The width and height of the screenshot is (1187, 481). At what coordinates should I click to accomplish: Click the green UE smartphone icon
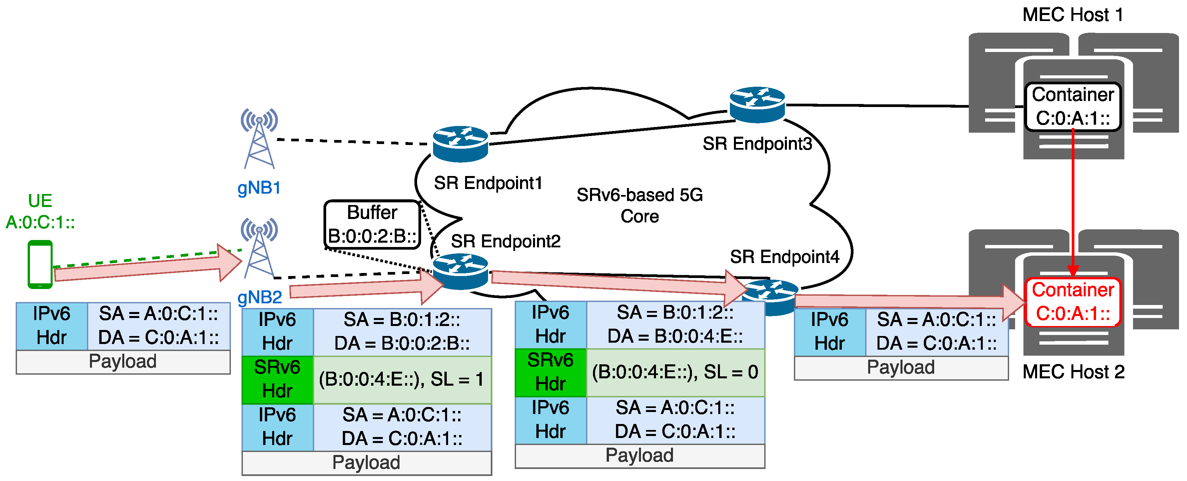40,264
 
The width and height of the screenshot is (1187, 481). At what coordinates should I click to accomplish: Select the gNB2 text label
260,297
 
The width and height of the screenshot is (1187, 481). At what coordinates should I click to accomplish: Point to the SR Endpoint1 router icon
460,144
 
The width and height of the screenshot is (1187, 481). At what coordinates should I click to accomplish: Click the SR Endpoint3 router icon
757,105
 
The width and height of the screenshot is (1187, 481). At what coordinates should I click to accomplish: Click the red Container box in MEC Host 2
1072,302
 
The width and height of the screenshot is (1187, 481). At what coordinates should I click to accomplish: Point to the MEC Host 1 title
1072,15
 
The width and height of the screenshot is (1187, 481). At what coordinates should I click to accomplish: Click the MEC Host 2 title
1073,372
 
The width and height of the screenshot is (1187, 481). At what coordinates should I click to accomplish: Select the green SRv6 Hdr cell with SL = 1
278,379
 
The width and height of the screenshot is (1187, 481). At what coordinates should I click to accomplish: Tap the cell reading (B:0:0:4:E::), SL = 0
675,372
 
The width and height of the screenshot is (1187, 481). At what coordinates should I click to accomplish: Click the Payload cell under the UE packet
123,362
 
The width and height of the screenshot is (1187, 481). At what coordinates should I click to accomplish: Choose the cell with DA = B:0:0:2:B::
402,332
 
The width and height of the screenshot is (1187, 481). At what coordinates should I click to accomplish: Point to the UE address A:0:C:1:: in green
40,223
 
